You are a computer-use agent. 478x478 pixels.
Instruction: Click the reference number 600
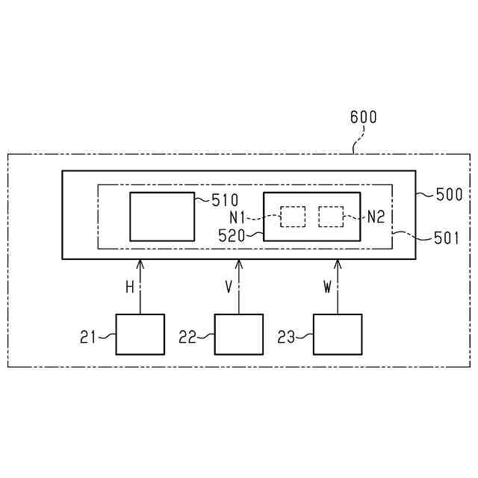click(x=364, y=117)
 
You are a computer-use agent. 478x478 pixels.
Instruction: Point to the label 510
click(x=224, y=200)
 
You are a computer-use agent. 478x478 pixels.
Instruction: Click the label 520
click(x=232, y=235)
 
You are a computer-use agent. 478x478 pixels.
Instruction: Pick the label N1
click(x=238, y=218)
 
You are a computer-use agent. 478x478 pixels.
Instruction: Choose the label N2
click(x=376, y=218)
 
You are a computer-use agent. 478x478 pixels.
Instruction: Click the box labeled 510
click(x=162, y=217)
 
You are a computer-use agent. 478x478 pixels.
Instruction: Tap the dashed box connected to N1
click(x=293, y=217)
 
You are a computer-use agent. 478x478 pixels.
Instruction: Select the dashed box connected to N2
click(x=331, y=217)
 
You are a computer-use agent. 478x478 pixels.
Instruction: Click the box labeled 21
click(x=140, y=334)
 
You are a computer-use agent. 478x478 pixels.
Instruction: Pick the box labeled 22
click(x=239, y=334)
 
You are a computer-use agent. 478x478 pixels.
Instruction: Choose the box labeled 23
click(x=338, y=334)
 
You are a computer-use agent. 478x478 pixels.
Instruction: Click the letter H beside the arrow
click(x=129, y=288)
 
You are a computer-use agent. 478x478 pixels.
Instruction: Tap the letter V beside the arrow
click(x=229, y=288)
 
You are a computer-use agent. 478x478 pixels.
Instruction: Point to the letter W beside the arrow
click(x=327, y=288)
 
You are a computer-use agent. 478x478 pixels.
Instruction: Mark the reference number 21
click(x=88, y=337)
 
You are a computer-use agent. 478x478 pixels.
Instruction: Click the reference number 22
click(x=187, y=337)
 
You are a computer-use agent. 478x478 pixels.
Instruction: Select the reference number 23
click(x=286, y=337)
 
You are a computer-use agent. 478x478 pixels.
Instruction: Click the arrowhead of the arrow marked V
click(x=239, y=264)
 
